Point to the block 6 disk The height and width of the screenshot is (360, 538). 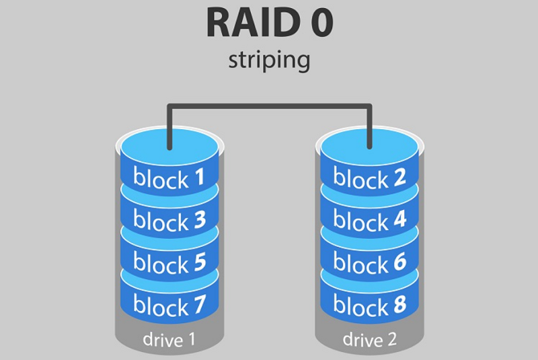click(x=369, y=262)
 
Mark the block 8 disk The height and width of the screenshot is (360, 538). click(x=369, y=306)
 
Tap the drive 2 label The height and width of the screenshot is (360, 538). click(x=369, y=340)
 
